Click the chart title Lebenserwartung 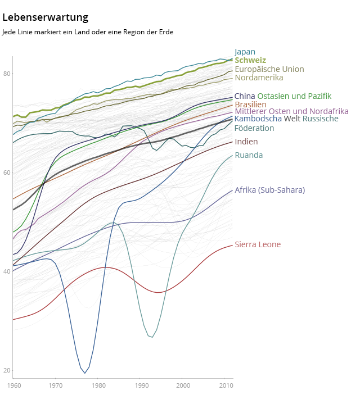[x=45, y=17]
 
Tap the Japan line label [x=245, y=52]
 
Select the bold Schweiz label [x=250, y=60]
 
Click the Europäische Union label [x=269, y=69]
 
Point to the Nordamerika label [x=259, y=78]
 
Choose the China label [x=245, y=96]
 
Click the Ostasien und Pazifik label [x=294, y=96]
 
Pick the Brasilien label [x=250, y=105]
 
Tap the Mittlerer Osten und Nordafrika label [x=291, y=111]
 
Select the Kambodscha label [x=258, y=119]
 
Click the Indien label [x=246, y=142]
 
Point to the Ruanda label [x=249, y=155]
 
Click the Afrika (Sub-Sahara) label [x=269, y=190]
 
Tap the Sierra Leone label [x=258, y=244]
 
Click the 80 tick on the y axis [x=6, y=74]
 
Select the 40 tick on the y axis [x=6, y=271]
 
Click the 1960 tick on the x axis [x=13, y=385]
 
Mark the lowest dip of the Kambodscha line [x=85, y=373]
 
